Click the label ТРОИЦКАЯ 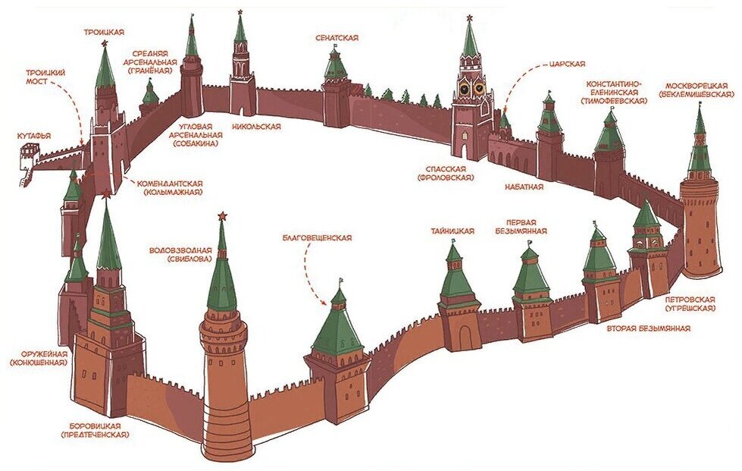point(104,31)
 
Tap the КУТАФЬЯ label point(34,136)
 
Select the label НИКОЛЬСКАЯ point(256,127)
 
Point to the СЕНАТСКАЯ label point(337,38)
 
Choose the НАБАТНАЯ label point(522,185)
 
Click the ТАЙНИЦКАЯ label point(452,231)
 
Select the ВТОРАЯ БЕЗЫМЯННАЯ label point(648,328)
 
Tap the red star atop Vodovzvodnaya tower point(222,218)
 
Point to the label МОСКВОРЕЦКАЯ point(697,85)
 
